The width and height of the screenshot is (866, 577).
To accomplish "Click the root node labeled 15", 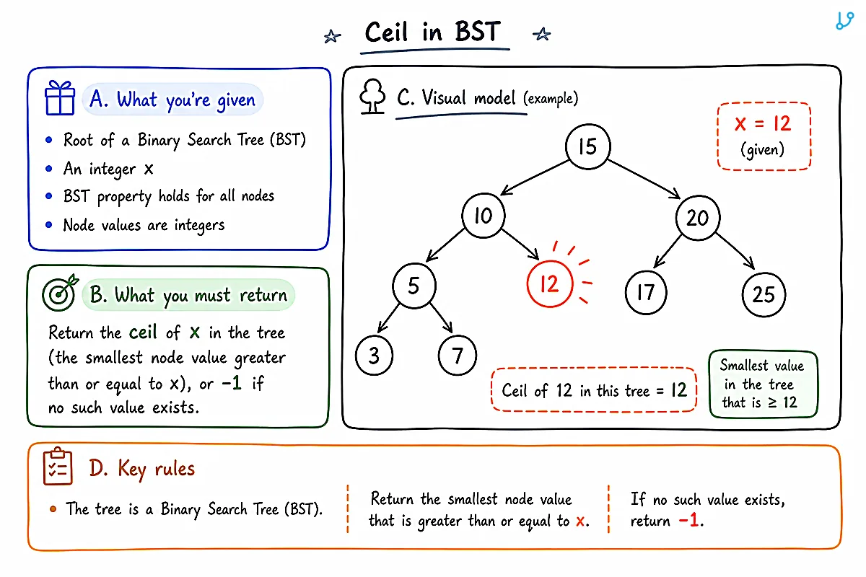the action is pos(587,146).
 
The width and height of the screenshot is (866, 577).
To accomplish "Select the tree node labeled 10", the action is pos(484,215).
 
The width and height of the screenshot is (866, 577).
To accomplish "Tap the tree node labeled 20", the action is pos(698,218).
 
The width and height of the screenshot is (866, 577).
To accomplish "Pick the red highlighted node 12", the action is pos(549,284).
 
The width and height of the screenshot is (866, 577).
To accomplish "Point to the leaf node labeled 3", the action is pos(374,355).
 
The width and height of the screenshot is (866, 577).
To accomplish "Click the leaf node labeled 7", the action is pos(458,355).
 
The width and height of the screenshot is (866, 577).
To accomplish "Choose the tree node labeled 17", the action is pos(646,292).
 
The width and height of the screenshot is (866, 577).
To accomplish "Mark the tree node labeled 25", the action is pos(764,294).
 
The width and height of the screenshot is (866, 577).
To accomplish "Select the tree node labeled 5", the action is pos(414,286).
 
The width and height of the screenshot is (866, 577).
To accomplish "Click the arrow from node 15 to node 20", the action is pos(644,179).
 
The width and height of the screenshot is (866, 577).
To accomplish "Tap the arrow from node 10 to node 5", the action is pos(445,245).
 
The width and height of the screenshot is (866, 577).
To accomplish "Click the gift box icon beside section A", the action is pos(60,98).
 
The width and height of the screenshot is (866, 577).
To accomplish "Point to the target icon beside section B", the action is pos(60,293).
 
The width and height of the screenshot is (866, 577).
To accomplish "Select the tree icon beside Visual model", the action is pos(372,96).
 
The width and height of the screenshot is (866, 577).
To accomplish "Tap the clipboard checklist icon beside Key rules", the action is pos(58,466).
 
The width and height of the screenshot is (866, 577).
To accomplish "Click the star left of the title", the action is pos(332,36).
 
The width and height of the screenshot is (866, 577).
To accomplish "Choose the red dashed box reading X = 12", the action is pos(764,136).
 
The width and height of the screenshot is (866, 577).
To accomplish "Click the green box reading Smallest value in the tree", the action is pos(764,384).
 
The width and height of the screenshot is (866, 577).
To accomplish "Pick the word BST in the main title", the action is pos(478,31).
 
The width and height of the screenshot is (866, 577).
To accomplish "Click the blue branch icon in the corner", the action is pos(844,20).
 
